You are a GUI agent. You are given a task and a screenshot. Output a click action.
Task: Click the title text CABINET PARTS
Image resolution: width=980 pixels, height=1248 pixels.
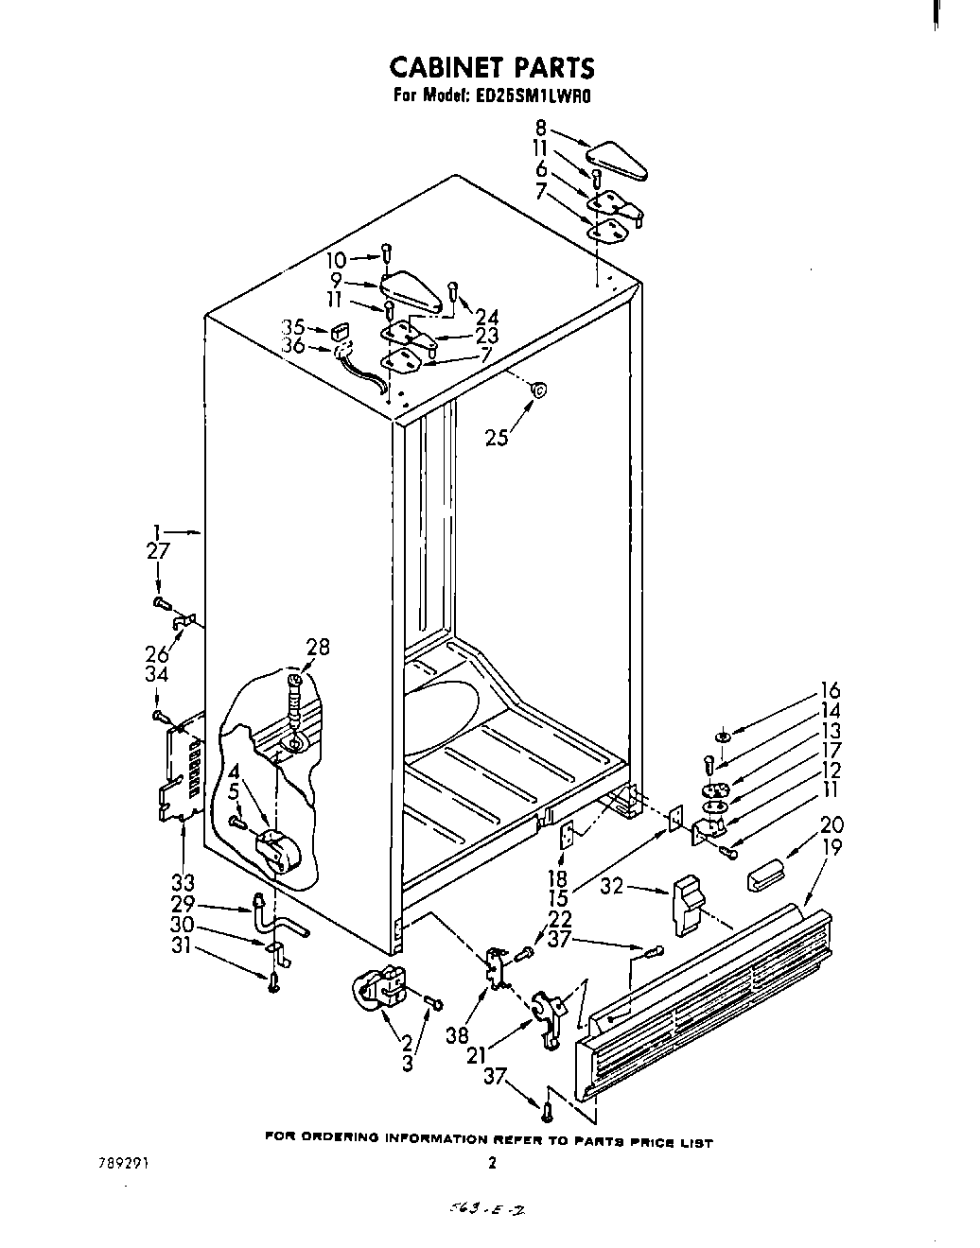point(492,68)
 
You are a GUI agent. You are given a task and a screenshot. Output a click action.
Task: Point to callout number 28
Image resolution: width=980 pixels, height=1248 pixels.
point(318,647)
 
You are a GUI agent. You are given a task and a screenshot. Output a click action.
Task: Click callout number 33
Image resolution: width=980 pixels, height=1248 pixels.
point(183,883)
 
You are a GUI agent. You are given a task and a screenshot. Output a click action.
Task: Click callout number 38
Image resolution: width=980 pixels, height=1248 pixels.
point(458,1009)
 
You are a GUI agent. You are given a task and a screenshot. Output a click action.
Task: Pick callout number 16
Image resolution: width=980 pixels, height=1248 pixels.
point(830,690)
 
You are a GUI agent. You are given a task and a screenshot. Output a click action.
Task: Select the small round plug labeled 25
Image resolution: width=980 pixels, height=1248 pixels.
point(537,388)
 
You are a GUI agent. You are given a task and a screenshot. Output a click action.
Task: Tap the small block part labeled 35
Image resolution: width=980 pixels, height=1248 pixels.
point(340,332)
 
